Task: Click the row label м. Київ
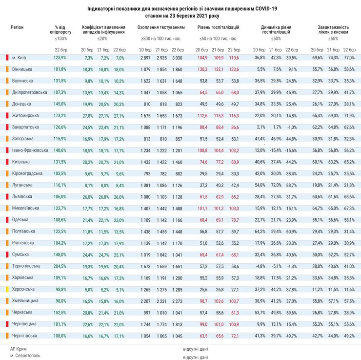(20, 58)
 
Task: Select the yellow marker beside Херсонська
(7, 289)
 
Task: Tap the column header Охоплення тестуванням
(161, 28)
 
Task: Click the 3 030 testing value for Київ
(177, 58)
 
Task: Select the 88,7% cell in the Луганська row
(291, 185)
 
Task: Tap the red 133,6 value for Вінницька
(234, 69)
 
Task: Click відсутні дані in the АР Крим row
(195, 349)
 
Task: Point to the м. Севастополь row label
(25, 356)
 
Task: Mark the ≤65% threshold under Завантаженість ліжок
(333, 38)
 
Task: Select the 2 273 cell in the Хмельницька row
(177, 301)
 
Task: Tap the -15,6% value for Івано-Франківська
(291, 150)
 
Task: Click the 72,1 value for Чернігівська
(234, 336)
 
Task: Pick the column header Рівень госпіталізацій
(218, 28)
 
